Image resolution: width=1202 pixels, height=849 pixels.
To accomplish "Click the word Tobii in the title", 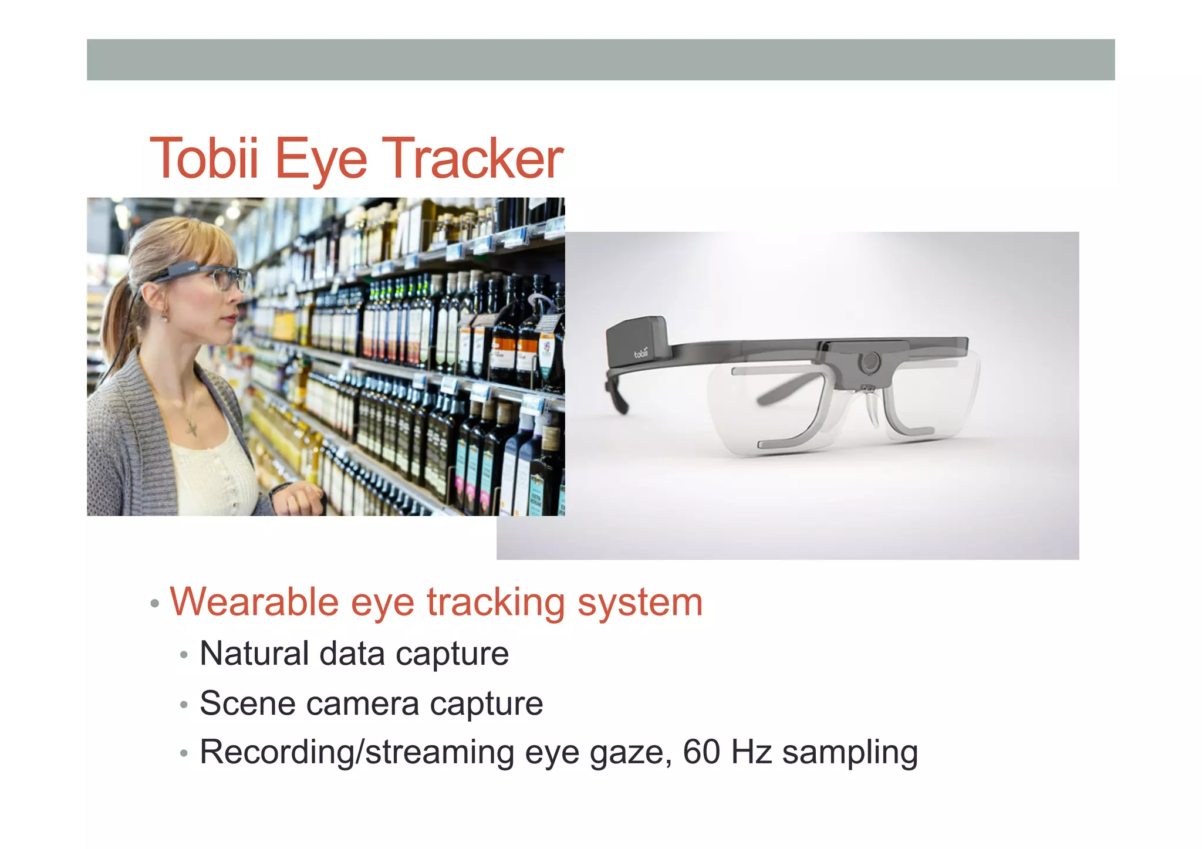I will pyautogui.click(x=204, y=158).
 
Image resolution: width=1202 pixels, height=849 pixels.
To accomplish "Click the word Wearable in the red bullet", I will pyautogui.click(x=254, y=603).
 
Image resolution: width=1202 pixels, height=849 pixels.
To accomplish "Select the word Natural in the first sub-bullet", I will pyautogui.click(x=254, y=654).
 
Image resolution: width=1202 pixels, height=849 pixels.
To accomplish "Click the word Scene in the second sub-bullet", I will pyautogui.click(x=247, y=703).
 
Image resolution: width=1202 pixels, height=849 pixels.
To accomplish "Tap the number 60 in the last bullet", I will pyautogui.click(x=701, y=752).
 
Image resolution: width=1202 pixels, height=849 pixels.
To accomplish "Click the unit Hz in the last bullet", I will pyautogui.click(x=751, y=752).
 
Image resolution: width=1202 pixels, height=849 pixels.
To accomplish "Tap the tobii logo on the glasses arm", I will pyautogui.click(x=641, y=353).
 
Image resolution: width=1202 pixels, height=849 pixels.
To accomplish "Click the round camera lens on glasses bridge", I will pyautogui.click(x=869, y=361).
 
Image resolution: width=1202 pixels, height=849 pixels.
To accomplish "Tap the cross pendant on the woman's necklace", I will pyautogui.click(x=191, y=428).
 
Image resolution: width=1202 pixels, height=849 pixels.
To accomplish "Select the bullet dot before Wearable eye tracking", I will pyautogui.click(x=155, y=604).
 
